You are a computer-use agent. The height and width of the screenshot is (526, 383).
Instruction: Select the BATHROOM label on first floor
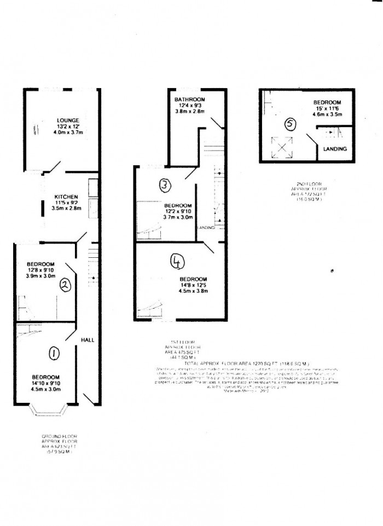pos(190,100)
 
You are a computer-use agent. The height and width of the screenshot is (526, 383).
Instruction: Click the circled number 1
pos(54,355)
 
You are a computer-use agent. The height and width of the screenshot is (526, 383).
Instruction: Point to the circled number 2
pos(64,284)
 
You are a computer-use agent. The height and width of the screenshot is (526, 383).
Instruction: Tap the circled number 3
pos(165,186)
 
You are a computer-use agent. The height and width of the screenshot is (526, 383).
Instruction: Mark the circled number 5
pos(291,125)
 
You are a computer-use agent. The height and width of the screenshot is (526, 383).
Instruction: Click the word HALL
pos(87,340)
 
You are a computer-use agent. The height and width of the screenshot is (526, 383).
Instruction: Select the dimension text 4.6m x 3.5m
pos(327,115)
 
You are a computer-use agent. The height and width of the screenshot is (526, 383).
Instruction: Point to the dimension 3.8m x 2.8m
pos(190,112)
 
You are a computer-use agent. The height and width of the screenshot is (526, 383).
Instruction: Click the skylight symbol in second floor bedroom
pos(281,147)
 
